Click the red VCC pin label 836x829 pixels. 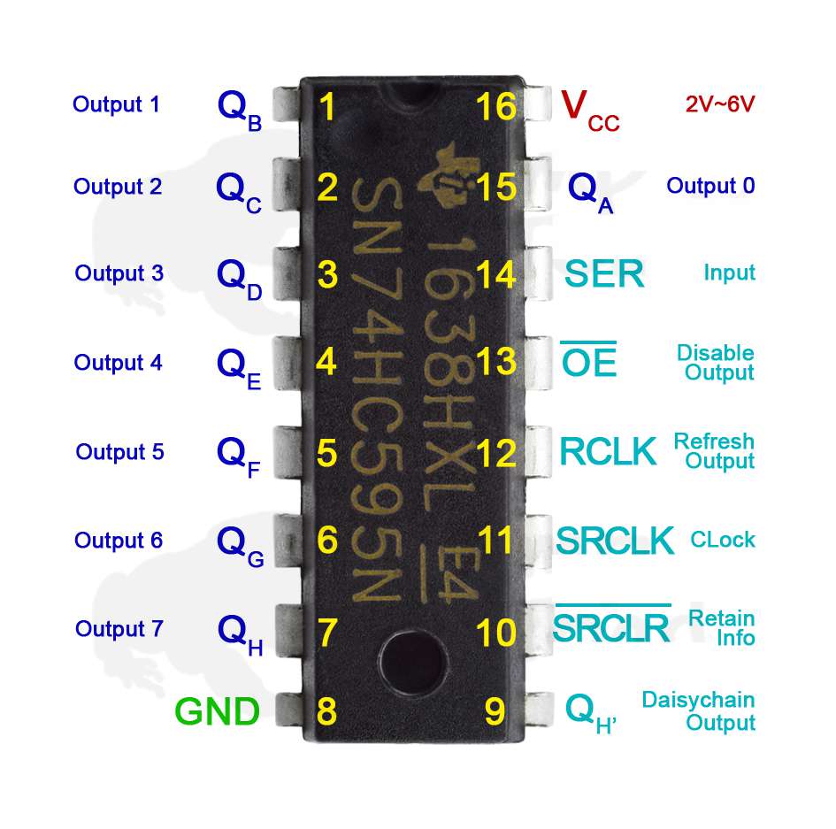[590, 111]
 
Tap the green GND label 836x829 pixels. [217, 711]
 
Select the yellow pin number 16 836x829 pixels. [495, 106]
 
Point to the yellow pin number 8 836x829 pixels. [326, 710]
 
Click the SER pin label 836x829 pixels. [604, 273]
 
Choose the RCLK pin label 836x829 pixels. [608, 451]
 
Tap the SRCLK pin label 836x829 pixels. [615, 540]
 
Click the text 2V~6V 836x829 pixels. [720, 104]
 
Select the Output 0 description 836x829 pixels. [710, 186]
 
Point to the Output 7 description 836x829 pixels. [119, 629]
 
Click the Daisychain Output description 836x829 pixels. [699, 711]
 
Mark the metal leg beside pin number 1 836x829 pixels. [287, 104]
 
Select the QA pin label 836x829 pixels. [591, 193]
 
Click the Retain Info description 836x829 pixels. [722, 628]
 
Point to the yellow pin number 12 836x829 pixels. [495, 453]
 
